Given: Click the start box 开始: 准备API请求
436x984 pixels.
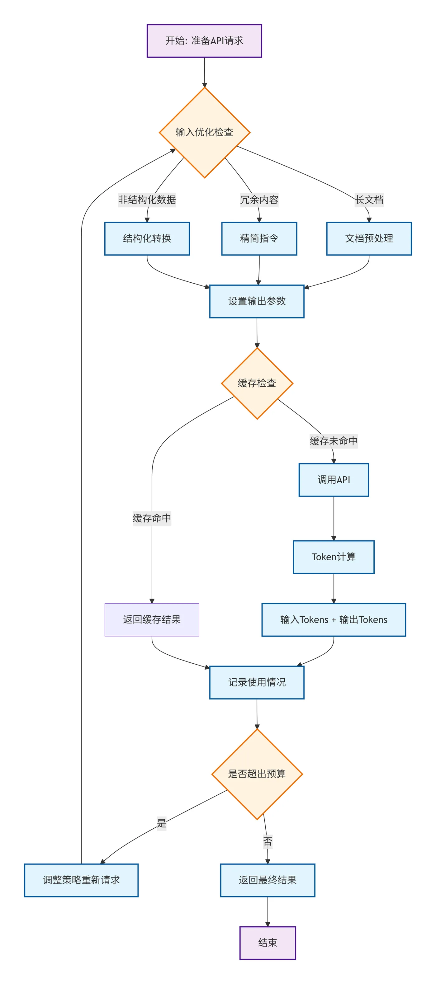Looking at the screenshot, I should tap(204, 41).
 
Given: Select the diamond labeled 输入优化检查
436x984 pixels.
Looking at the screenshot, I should tap(204, 132).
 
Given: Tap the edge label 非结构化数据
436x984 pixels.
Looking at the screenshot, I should tap(147, 200).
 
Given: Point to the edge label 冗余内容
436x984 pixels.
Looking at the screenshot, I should tap(259, 200).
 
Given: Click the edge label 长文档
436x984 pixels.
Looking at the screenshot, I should tap(369, 200).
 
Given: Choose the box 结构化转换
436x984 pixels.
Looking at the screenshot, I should tap(147, 238).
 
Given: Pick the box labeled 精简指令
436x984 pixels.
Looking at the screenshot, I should tap(259, 238).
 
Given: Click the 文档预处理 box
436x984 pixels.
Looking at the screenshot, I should tap(369, 238).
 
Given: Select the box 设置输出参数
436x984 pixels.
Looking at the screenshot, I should tap(257, 301).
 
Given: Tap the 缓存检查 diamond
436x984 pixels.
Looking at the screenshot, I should tap(257, 383).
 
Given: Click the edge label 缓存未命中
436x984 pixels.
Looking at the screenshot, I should tap(334, 441).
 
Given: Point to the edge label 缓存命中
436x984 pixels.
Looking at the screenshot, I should tap(152, 518).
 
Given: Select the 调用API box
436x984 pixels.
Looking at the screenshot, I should tap(334, 480).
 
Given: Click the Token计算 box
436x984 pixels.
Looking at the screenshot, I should tap(334, 557).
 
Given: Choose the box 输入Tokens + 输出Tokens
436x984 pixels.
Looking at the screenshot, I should tap(334, 619).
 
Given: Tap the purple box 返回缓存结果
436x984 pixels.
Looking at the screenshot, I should tap(152, 619).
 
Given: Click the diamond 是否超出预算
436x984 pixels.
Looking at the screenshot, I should tap(257, 774).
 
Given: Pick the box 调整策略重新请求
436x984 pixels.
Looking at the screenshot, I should tap(81, 880).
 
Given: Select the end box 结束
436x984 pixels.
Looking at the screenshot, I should tap(268, 943).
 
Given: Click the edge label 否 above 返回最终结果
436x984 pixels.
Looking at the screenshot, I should tap(268, 841).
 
